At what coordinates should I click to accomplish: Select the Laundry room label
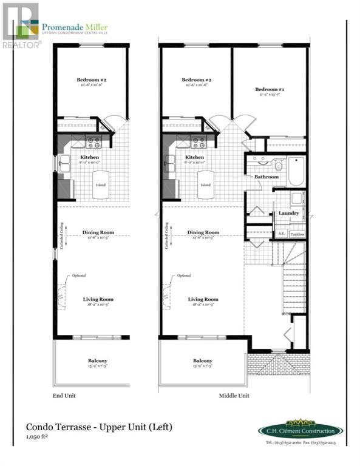point(288,214)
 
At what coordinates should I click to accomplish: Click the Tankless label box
point(297,234)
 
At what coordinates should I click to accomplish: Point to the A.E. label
point(281,234)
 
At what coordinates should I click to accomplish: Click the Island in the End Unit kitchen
point(101,186)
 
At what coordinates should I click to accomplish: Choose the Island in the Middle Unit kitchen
point(206,186)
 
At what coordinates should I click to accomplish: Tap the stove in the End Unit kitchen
point(94,143)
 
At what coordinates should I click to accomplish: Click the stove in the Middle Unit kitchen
point(199,143)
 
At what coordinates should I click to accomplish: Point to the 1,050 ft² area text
point(36,437)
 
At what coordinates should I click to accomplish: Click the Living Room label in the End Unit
point(98,299)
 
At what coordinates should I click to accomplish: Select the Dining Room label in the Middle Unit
point(203,232)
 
